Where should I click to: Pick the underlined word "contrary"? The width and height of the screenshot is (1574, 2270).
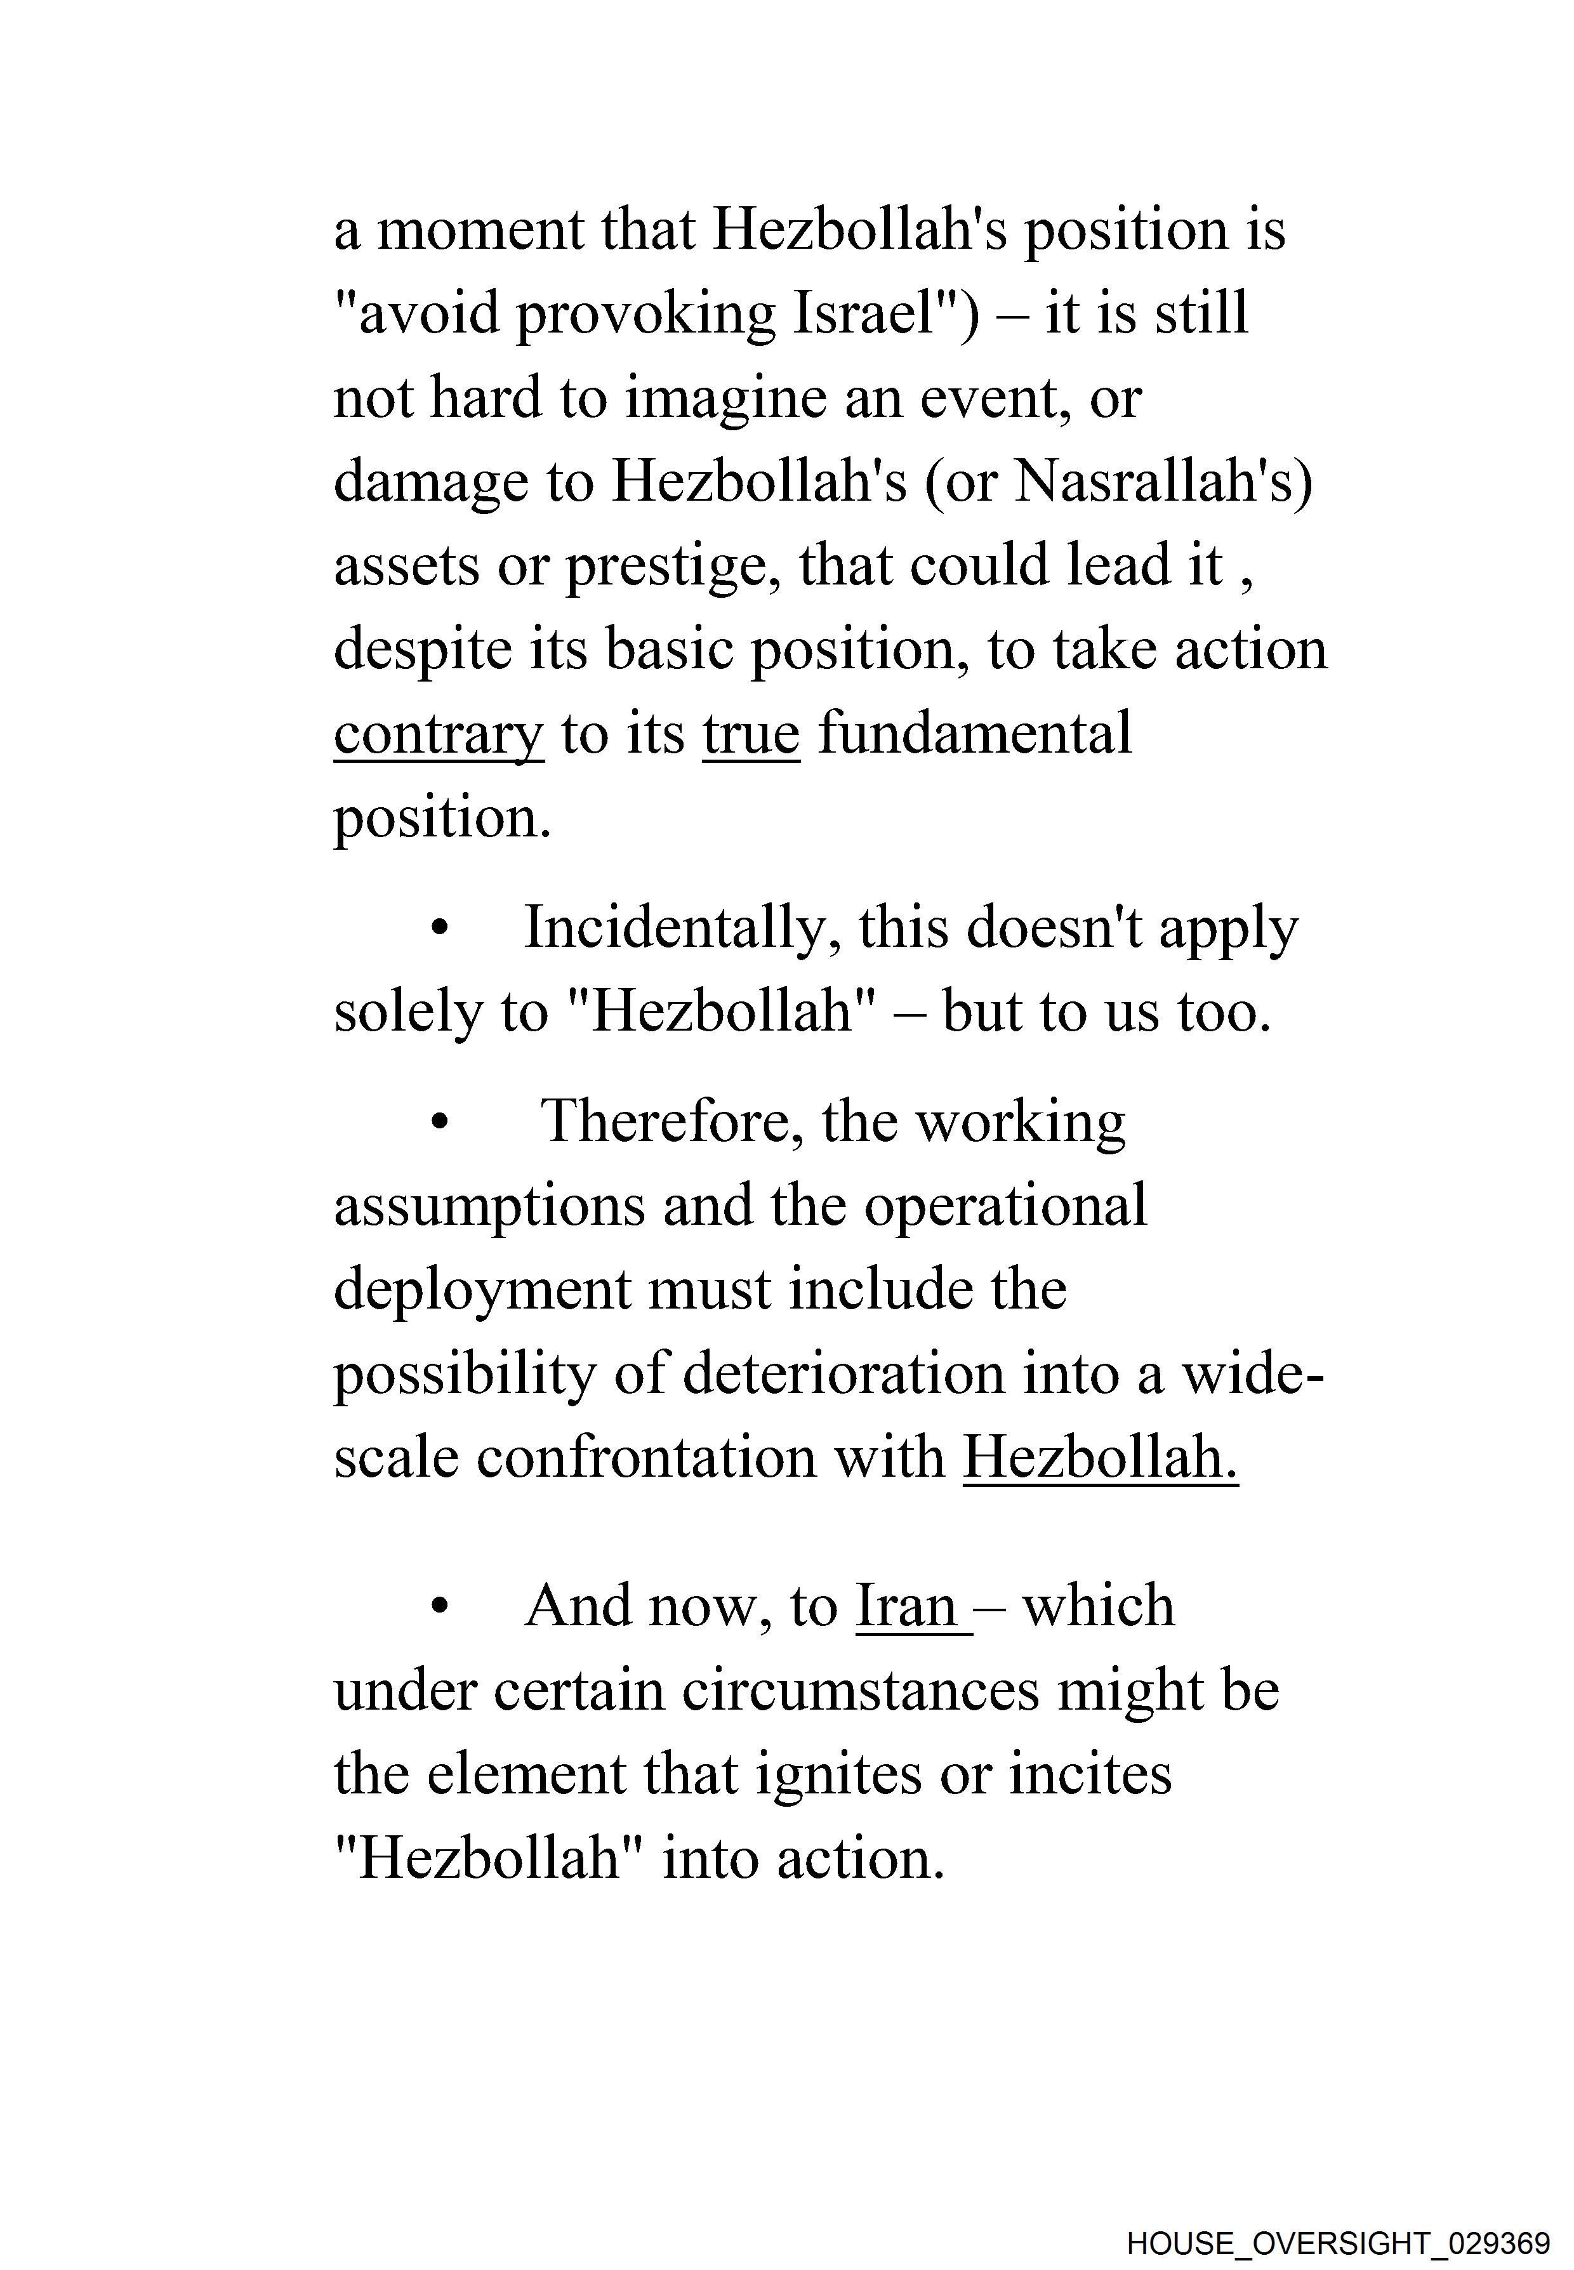pos(438,735)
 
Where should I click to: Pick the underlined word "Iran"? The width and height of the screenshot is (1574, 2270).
pos(908,1606)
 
